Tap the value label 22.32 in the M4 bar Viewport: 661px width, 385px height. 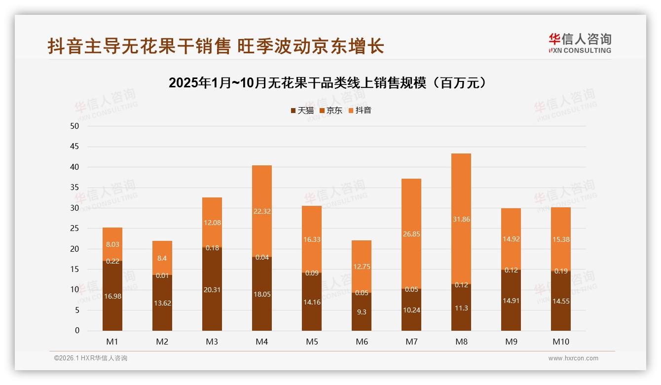click(262, 211)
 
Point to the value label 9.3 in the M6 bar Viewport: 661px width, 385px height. click(362, 312)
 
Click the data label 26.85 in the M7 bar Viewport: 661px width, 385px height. click(411, 234)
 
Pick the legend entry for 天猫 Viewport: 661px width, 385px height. click(302, 111)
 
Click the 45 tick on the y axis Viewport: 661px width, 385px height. click(74, 147)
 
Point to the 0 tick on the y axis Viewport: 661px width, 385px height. click(77, 331)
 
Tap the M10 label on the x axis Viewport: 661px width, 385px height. click(560, 342)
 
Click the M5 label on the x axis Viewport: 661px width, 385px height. click(312, 342)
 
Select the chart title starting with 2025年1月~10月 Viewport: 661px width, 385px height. click(330, 83)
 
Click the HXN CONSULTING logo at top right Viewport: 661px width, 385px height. click(580, 43)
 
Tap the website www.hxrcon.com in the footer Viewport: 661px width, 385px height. click(573, 358)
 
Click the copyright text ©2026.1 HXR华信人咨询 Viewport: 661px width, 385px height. click(91, 358)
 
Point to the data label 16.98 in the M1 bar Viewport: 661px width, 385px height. click(112, 296)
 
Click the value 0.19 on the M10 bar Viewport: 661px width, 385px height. click(560, 271)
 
